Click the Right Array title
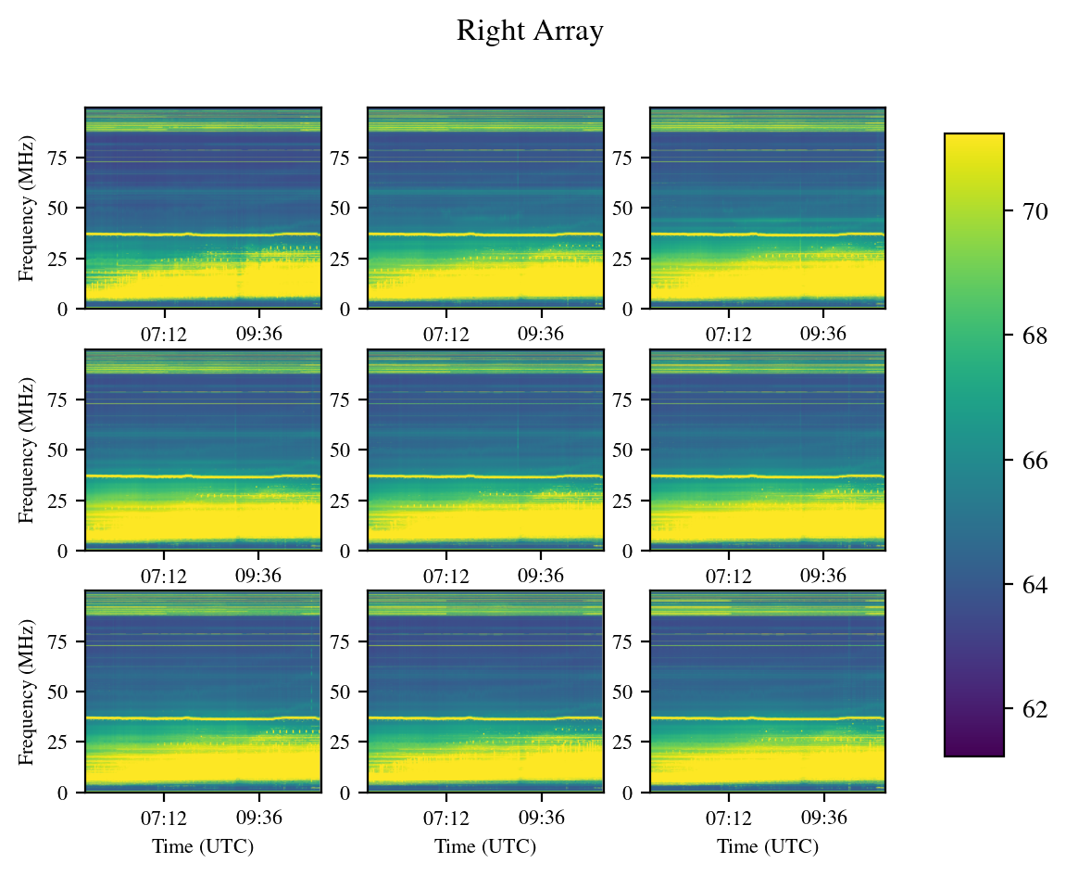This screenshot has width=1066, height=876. (530, 32)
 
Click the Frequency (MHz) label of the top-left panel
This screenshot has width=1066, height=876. (26, 208)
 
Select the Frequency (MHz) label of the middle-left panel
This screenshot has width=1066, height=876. (26, 450)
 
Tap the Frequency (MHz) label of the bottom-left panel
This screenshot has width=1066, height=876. (26, 692)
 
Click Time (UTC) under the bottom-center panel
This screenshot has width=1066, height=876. (485, 846)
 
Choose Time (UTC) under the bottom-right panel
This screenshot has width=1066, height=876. (768, 846)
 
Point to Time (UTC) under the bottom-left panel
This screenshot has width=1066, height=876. (203, 846)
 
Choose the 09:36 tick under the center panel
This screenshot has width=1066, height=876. (541, 575)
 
